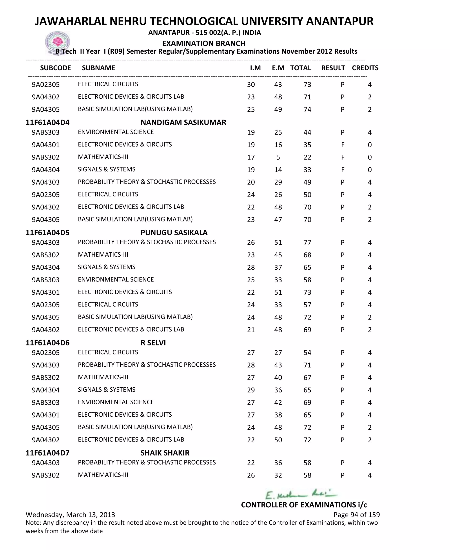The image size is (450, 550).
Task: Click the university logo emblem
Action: point(58,42)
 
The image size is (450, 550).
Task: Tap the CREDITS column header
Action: point(365,68)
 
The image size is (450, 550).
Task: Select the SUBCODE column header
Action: point(55,68)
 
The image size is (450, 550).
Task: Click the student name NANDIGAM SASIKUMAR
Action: point(183,122)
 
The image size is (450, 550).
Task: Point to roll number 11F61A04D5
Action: point(47,232)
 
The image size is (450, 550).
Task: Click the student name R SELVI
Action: point(153,343)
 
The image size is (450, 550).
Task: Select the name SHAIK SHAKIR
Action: point(165,453)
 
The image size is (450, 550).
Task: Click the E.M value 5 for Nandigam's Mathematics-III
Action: point(278,157)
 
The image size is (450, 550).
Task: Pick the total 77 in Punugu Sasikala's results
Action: point(307,242)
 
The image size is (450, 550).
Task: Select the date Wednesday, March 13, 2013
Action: point(70,514)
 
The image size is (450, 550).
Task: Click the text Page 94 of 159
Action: point(356,514)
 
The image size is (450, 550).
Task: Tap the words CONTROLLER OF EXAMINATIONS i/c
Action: point(304,505)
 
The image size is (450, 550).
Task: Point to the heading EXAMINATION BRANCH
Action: point(203,43)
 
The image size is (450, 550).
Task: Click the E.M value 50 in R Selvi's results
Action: point(278,440)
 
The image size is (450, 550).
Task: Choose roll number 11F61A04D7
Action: point(47,453)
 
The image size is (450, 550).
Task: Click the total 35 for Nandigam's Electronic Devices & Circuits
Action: point(307,145)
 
